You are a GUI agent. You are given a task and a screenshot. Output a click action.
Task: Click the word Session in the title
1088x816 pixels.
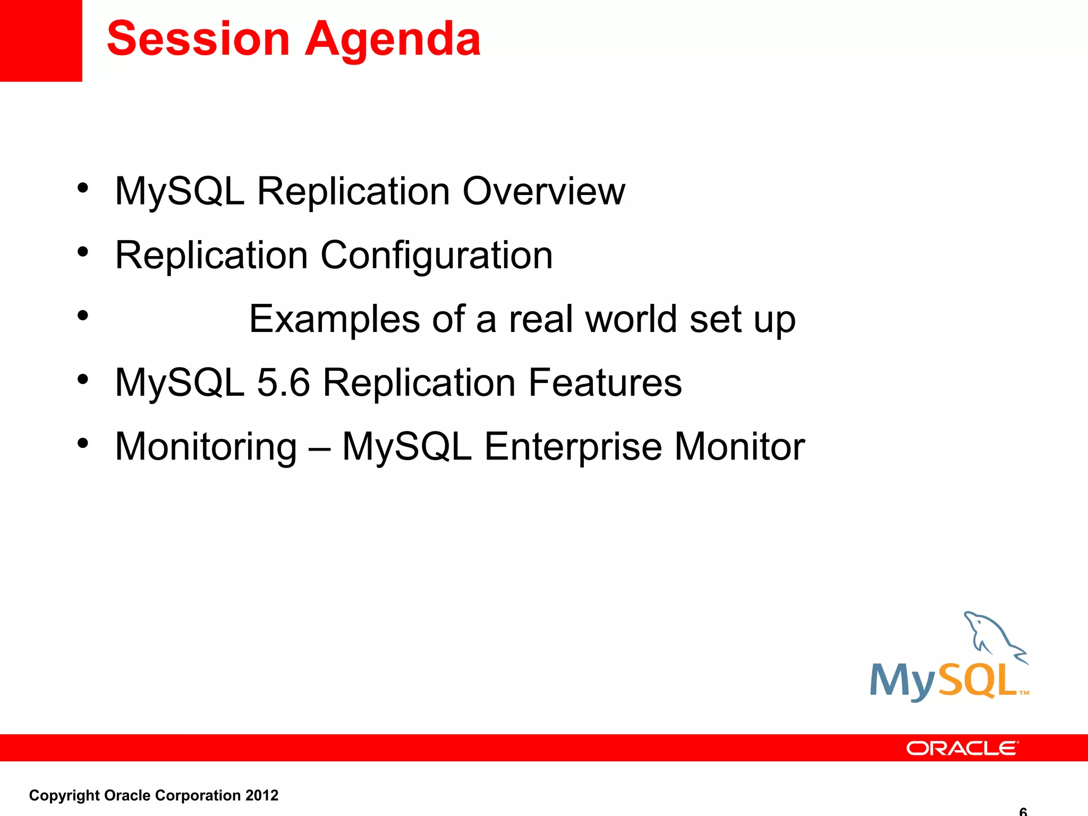[x=198, y=39]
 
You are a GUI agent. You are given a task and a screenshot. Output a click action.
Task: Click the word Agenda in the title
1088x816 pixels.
[x=393, y=40]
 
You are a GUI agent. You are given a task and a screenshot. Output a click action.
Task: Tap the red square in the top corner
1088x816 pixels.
[x=41, y=40]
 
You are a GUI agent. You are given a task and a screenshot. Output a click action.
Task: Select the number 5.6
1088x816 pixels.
[x=283, y=382]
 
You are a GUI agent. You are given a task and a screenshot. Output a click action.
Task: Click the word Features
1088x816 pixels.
[x=605, y=382]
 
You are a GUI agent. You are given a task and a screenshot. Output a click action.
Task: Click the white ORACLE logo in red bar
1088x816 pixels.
[x=962, y=748]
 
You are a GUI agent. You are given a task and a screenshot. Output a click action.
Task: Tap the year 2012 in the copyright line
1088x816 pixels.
[x=262, y=795]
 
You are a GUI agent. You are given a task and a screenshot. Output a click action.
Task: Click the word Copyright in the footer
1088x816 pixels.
[x=64, y=795]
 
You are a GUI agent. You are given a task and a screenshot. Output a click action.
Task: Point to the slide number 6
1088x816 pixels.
[x=1023, y=811]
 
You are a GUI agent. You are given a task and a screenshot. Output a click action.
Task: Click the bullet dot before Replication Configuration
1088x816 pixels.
[x=82, y=252]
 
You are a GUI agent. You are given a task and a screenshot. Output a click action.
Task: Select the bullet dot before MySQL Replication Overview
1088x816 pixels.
[x=82, y=188]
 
